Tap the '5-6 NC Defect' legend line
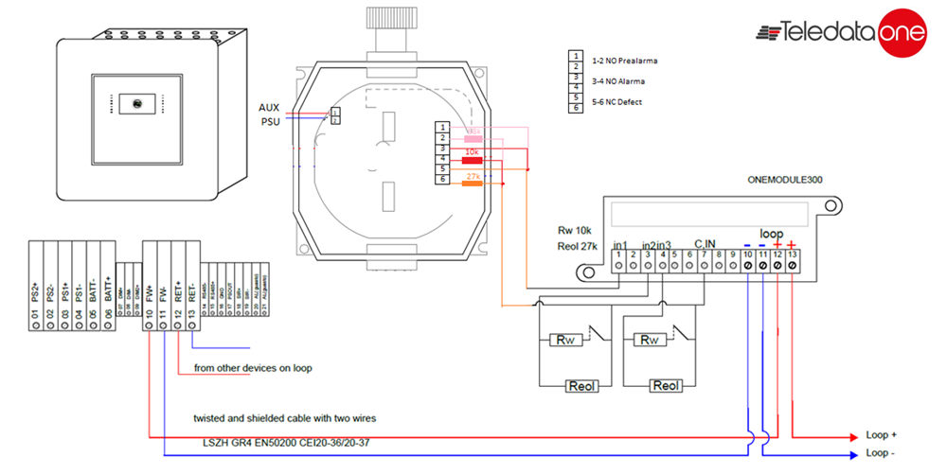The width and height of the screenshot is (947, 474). point(616,101)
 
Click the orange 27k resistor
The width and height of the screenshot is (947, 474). point(471,184)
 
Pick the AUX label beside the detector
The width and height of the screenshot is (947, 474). point(269,107)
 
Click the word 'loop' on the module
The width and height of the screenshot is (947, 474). point(773,232)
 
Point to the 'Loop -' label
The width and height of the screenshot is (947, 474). point(881,454)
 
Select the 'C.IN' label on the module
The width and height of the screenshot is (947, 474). point(704,244)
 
